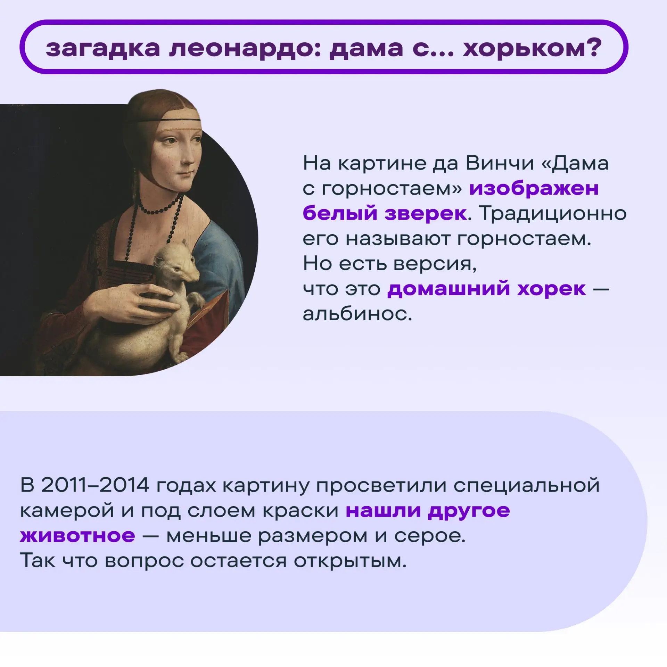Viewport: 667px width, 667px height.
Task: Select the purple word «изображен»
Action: click(534, 189)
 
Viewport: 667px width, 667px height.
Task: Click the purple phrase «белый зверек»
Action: click(385, 213)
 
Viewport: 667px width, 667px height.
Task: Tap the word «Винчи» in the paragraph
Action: click(500, 163)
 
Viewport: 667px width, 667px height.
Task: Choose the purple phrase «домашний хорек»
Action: click(487, 289)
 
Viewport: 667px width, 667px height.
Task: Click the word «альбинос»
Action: click(357, 314)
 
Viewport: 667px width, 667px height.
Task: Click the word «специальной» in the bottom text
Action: click(527, 486)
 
